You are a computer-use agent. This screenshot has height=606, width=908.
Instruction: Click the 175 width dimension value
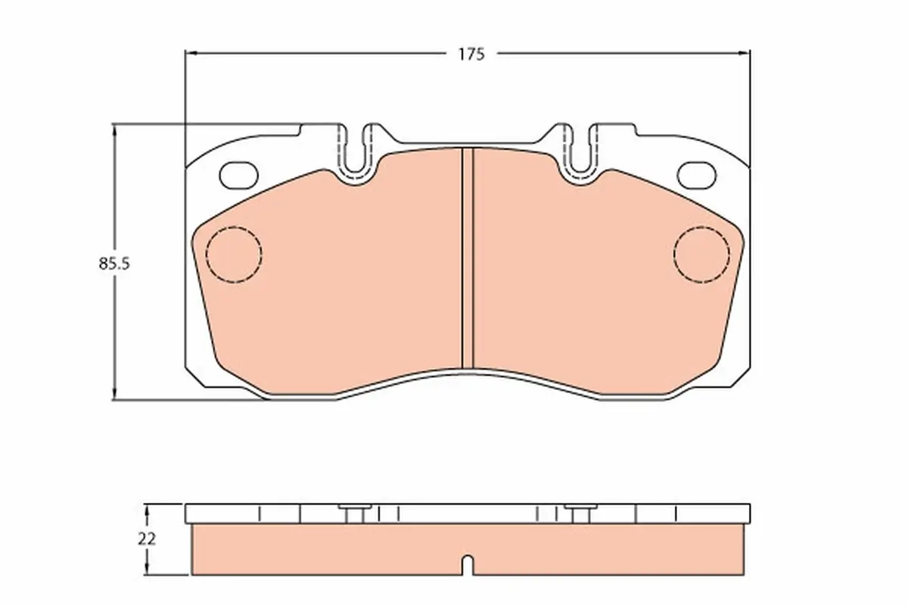tap(471, 54)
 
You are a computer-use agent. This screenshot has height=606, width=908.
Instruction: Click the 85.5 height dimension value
tap(114, 264)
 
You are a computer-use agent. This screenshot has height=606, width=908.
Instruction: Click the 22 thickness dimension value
tap(147, 539)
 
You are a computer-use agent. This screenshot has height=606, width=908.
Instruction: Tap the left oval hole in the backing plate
tap(239, 175)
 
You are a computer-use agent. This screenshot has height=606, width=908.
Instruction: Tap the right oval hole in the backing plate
tap(697, 175)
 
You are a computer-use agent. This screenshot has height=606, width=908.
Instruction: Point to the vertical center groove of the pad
tap(468, 258)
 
